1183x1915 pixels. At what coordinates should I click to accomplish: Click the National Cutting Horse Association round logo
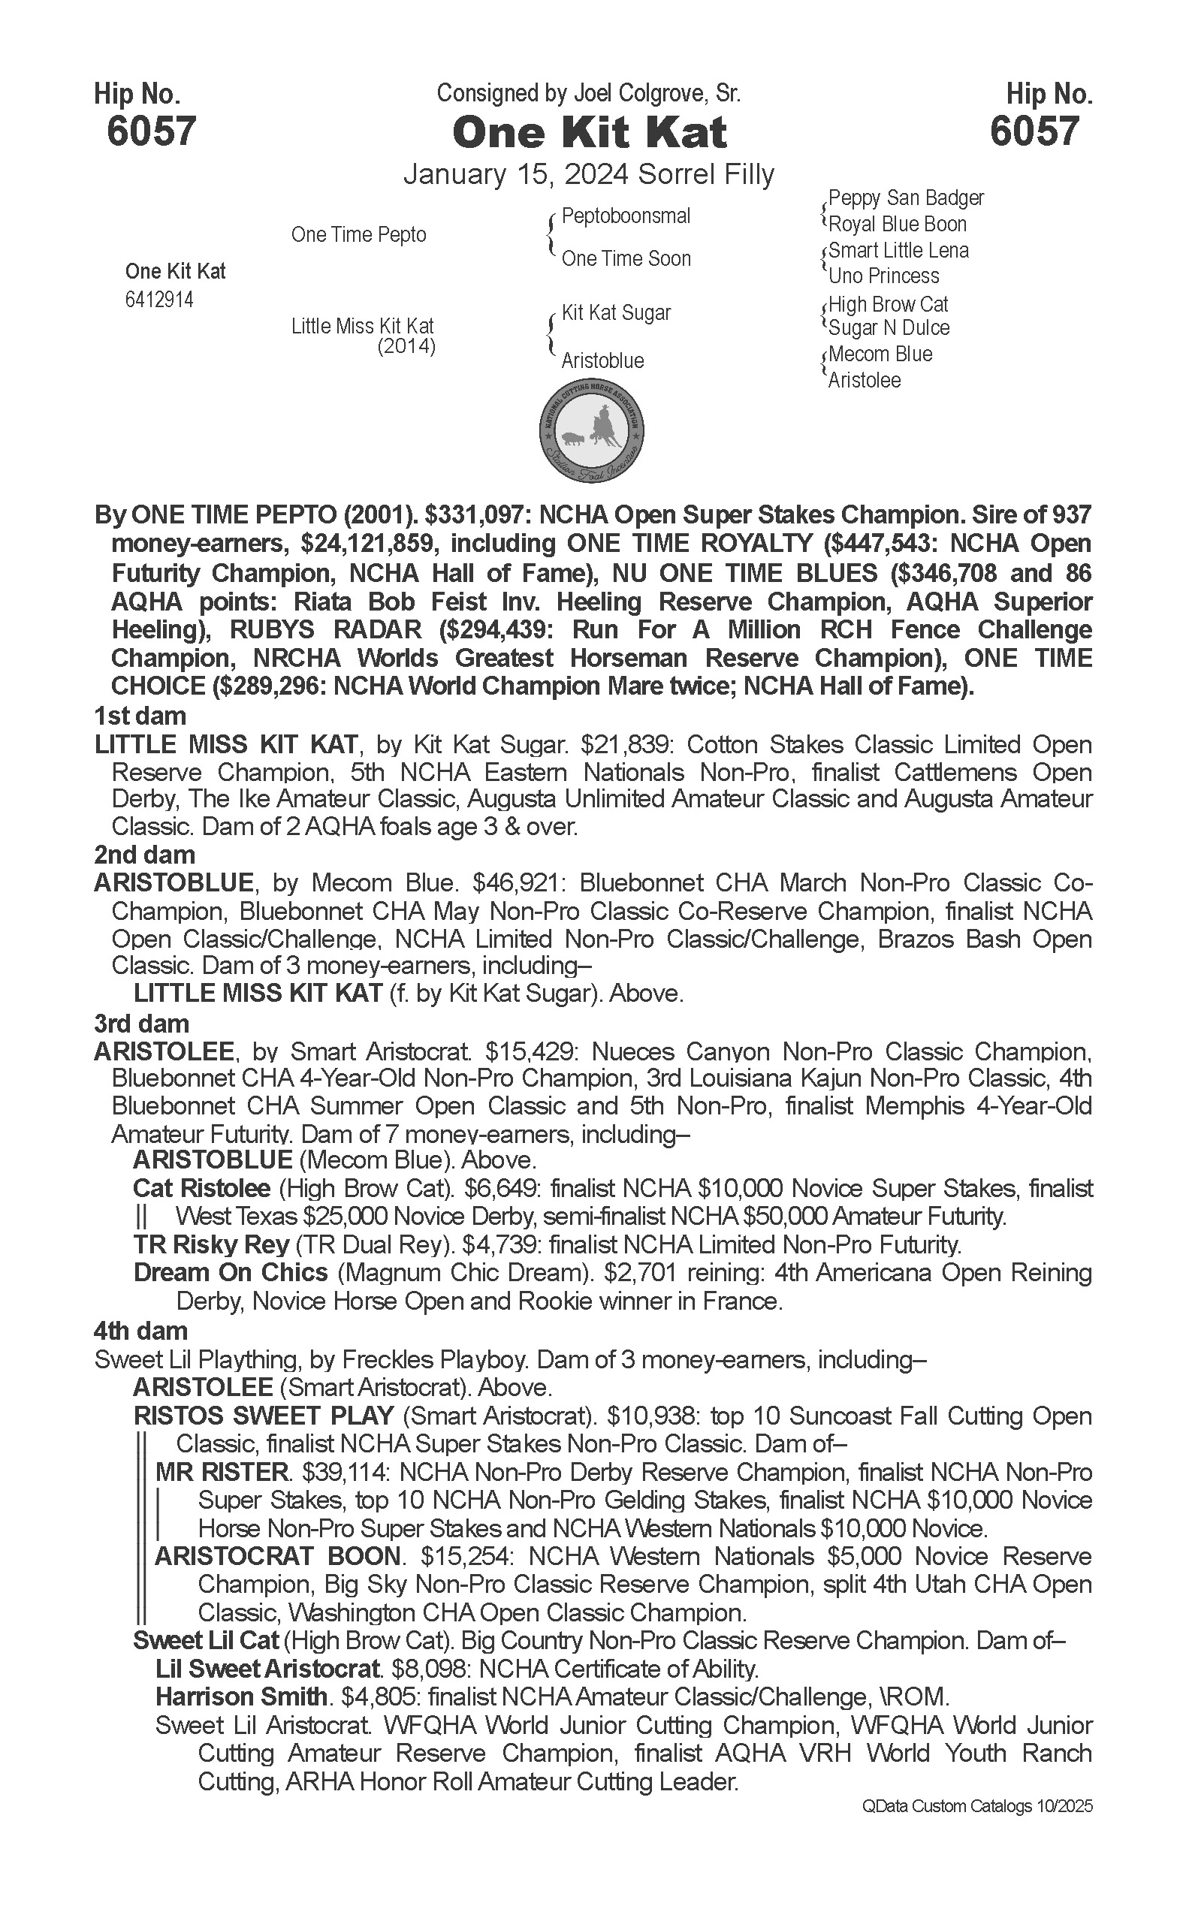tap(592, 431)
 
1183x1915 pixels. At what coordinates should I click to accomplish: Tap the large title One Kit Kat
tap(590, 132)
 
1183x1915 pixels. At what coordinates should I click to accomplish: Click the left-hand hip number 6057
tap(151, 131)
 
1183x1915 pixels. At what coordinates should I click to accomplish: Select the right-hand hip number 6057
tap(1034, 131)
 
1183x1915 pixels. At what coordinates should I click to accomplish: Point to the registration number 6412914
tap(158, 300)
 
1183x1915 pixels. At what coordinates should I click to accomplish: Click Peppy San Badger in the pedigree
tap(906, 198)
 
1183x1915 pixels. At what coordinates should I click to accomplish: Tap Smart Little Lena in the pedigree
tap(898, 250)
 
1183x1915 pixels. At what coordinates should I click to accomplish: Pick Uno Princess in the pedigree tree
tap(883, 276)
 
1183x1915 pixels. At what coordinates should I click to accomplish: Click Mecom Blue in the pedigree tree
tap(880, 354)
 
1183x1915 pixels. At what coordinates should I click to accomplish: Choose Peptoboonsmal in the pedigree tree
tap(626, 216)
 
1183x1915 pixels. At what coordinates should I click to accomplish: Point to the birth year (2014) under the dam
tap(406, 346)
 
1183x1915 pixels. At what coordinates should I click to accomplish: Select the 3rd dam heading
tap(142, 1023)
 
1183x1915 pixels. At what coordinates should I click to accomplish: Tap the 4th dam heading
tap(141, 1331)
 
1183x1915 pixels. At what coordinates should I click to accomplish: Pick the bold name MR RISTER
tap(222, 1472)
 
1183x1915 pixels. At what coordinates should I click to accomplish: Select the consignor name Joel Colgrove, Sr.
tap(657, 94)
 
